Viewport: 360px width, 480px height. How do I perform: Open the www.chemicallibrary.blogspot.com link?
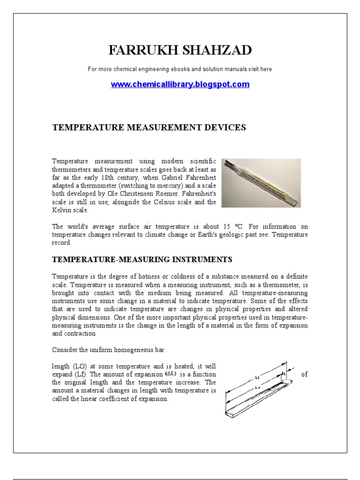tap(180, 84)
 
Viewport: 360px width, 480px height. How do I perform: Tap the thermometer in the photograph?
tap(260, 183)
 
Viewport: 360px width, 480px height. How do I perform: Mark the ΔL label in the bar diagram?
tap(285, 374)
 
